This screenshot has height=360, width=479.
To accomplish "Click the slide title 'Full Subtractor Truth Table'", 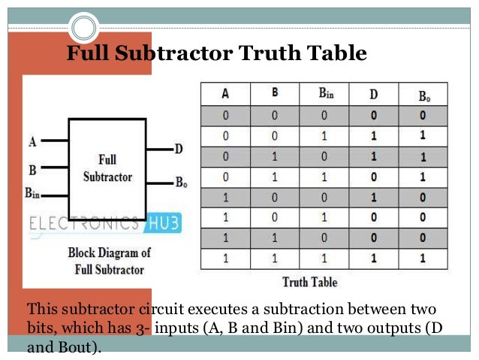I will click(216, 54).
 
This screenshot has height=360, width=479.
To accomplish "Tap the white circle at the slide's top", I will click(85, 29).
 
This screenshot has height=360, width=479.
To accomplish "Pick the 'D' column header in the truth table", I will click(373, 95).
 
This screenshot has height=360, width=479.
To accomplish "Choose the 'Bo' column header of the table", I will click(424, 96).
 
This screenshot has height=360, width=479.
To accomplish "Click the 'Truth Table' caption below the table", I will click(309, 283).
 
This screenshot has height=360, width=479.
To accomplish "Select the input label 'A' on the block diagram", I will click(32, 141).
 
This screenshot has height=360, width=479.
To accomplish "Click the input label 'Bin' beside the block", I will click(32, 193).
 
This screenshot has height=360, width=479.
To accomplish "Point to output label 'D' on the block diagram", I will click(179, 149).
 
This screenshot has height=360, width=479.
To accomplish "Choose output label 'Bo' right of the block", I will click(181, 182).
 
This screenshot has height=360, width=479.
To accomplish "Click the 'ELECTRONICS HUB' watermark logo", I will click(105, 223).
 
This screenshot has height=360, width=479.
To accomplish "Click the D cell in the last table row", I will click(373, 258).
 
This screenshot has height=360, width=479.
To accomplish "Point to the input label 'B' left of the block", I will click(32, 170).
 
